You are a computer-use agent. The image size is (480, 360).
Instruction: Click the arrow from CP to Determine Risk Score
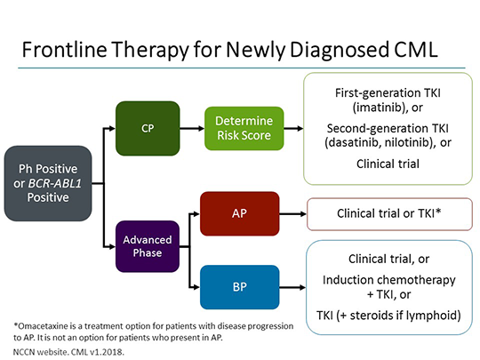pos(193,127)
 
